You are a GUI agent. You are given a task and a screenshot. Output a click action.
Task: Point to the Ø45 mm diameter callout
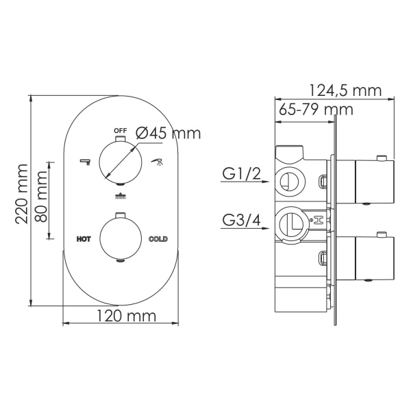click(x=168, y=134)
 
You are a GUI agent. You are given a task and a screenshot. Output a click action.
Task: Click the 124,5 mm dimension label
click(x=344, y=90)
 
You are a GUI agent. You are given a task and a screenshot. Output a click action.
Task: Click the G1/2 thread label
click(x=241, y=175)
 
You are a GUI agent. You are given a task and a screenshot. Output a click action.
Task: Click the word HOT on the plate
click(x=84, y=239)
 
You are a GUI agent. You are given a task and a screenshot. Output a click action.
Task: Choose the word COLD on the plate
click(x=158, y=239)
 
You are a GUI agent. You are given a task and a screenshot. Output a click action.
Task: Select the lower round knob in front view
click(x=121, y=238)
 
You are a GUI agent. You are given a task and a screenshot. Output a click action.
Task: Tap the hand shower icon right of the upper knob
click(x=156, y=162)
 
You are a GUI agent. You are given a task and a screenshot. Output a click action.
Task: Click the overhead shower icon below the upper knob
click(x=121, y=197)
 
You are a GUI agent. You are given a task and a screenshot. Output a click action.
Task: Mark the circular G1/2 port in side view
click(x=289, y=181)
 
